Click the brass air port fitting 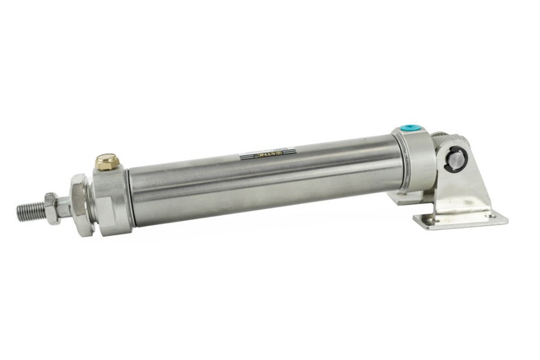click(109, 162)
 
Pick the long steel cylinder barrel click(264, 180)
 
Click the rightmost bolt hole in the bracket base click(491, 215)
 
